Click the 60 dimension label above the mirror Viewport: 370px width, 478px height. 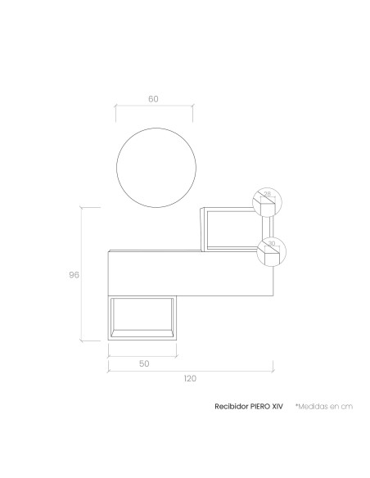coord(153,99)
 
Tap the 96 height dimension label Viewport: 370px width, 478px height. coord(74,275)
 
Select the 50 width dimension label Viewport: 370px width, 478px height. coord(144,363)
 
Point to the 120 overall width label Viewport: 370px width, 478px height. coord(190,379)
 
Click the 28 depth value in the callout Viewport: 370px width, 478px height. coord(268,194)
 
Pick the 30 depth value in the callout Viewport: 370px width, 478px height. coord(271,243)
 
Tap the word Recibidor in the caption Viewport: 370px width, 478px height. coord(231,406)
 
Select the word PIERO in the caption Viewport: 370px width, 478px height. coord(260,406)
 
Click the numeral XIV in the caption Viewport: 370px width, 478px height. coord(277,406)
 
